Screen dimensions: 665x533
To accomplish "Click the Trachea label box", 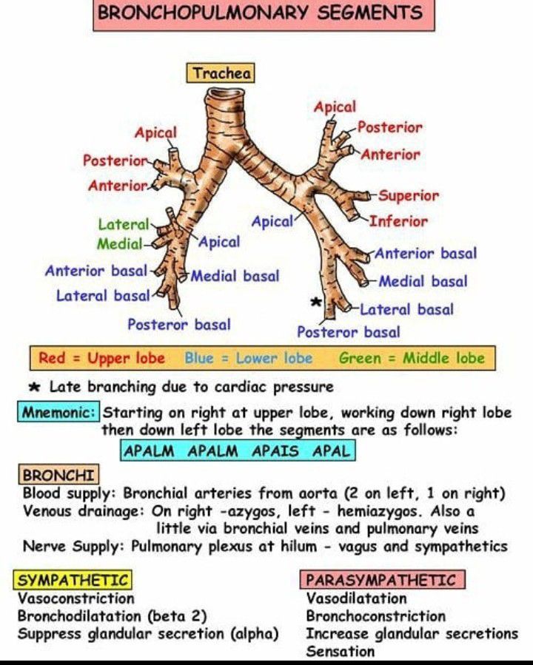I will (x=221, y=73).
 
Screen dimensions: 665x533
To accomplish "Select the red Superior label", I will (x=409, y=196).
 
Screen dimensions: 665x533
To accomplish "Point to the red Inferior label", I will (x=398, y=221).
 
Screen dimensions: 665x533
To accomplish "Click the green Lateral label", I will (x=123, y=224).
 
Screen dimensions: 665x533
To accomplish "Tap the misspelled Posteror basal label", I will (x=178, y=325).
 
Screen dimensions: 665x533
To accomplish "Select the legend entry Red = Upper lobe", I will (x=101, y=359).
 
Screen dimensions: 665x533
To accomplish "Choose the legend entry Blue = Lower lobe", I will (x=248, y=359).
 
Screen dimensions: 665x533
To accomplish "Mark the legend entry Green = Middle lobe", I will (x=412, y=359).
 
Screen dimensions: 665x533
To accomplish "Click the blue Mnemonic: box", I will (x=58, y=412).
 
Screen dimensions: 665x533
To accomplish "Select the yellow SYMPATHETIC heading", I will (x=73, y=580).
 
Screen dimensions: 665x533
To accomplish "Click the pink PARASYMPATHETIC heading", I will (x=382, y=580).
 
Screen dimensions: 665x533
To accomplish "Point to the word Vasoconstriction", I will (x=76, y=598).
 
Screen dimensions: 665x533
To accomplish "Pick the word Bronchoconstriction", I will (x=375, y=616).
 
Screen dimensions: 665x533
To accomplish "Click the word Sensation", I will (x=340, y=652).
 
